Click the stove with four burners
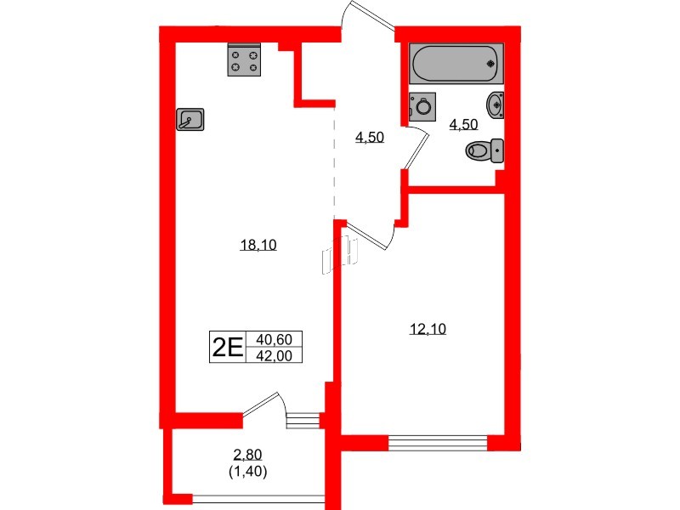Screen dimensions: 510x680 pos(245,61)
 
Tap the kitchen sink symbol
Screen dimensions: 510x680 pos(190,121)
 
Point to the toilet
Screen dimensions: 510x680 pos(485,151)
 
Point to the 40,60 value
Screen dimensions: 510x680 pos(274,339)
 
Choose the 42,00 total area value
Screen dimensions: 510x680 pos(274,356)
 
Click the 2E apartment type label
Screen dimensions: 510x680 pos(227,347)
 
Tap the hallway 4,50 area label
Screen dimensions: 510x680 pos(370,137)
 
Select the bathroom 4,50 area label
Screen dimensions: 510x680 pos(463,124)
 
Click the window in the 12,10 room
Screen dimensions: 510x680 pos(439,440)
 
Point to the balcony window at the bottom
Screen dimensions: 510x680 pos(258,498)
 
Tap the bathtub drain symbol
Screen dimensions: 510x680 pos(490,62)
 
